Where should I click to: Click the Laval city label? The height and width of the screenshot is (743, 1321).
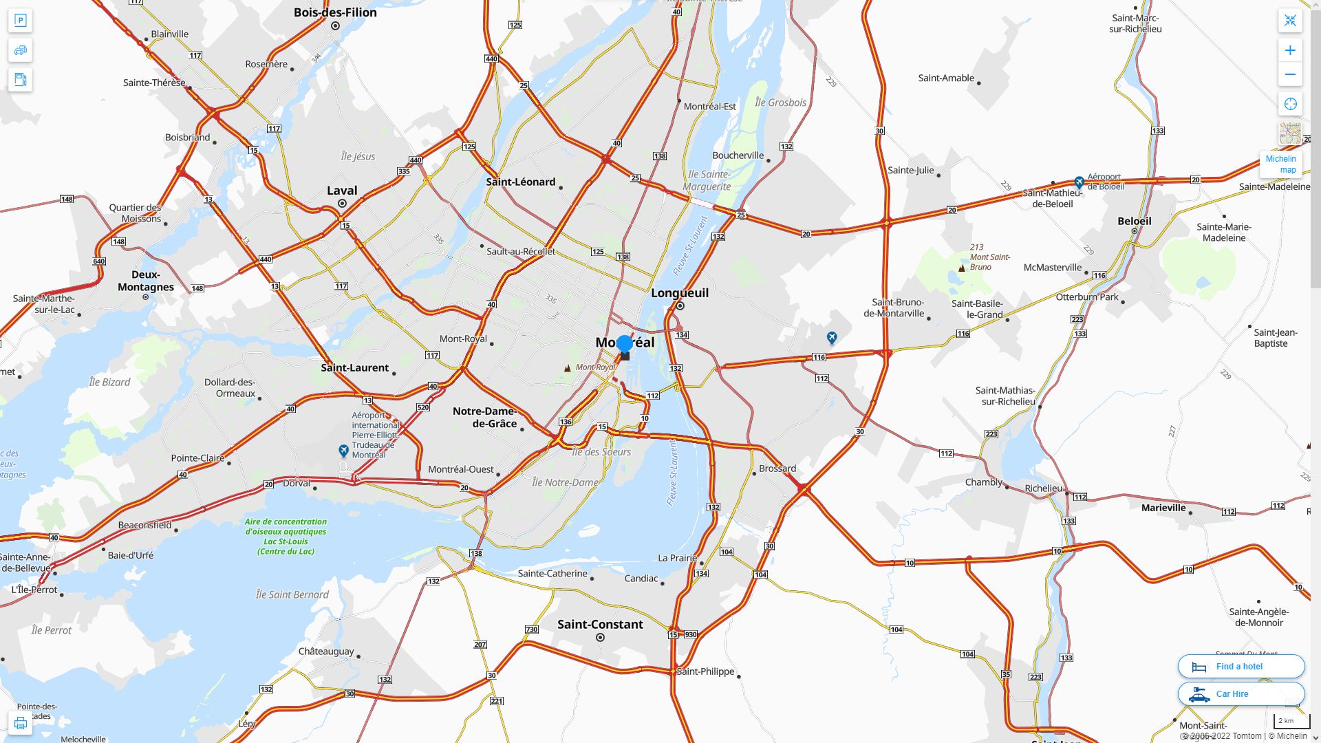click(x=342, y=191)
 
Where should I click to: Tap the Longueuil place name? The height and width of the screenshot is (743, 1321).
click(x=679, y=292)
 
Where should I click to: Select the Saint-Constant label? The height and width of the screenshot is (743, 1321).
click(x=600, y=624)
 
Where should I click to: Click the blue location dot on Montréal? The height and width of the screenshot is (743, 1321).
click(x=625, y=343)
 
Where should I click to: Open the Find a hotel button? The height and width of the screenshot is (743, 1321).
click(x=1241, y=666)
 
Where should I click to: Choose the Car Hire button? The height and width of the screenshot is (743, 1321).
click(x=1241, y=693)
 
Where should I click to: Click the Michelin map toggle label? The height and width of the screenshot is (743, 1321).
click(x=1281, y=164)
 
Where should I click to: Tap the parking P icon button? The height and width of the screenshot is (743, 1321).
click(x=20, y=20)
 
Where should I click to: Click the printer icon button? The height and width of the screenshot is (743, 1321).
click(x=20, y=723)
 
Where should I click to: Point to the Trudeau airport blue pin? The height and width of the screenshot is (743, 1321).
click(x=344, y=451)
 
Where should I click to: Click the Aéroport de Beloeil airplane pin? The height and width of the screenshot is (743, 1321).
click(x=1079, y=182)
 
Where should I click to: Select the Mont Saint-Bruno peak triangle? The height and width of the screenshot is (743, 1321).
click(x=962, y=268)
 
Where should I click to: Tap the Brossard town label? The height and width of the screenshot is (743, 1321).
click(x=777, y=469)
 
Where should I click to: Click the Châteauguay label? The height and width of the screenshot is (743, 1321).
click(x=326, y=651)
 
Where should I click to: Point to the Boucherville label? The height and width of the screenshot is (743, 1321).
click(x=738, y=155)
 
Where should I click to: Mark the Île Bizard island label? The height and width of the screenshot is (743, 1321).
click(x=110, y=382)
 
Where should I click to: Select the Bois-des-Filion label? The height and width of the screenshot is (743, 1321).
click(x=335, y=12)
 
